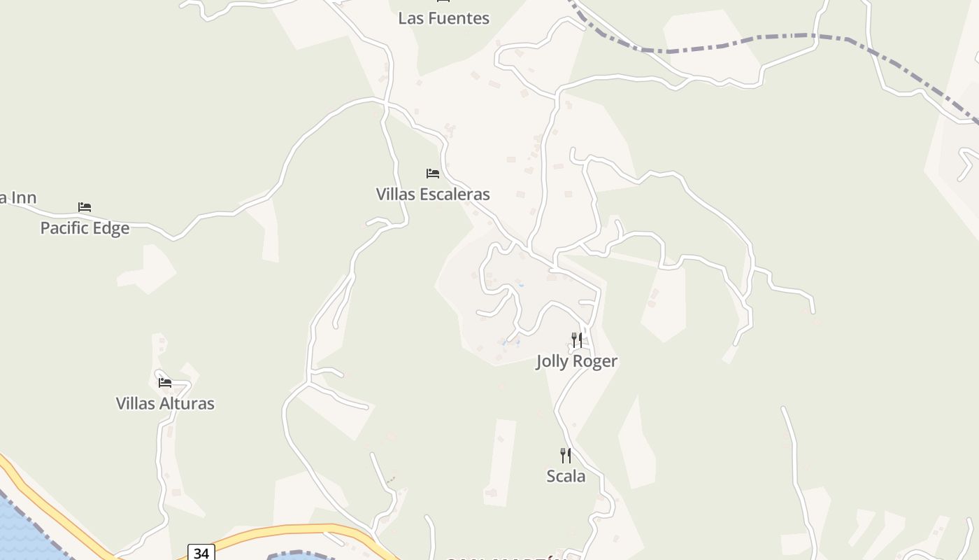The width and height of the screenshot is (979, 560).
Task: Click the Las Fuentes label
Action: pos(443,18)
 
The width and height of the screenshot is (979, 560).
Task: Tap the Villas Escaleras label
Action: pos(433,194)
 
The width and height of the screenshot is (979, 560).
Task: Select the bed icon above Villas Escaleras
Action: pos(433,173)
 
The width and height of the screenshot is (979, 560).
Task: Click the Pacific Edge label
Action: pos(85,228)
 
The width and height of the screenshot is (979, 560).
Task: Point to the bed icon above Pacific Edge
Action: pos(85,207)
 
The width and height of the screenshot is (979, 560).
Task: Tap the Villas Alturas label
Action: pos(165,403)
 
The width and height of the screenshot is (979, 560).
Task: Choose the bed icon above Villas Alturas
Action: pos(165,382)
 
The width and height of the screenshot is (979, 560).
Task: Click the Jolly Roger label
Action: pos(577,361)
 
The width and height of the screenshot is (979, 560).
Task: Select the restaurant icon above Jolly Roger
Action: pos(577,340)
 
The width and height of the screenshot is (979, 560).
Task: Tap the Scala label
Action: pos(566,476)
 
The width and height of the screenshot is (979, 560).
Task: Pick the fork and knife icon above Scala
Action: pos(566,456)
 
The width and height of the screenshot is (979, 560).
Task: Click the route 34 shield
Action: pos(201,553)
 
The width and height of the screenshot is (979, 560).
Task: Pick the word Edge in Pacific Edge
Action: pos(112,228)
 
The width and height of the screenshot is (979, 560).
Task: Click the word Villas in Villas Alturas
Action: pos(135,403)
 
